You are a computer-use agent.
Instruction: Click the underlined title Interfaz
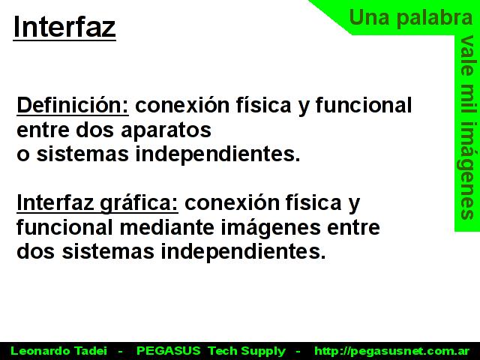pos(64,28)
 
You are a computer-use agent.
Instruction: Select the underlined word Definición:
pos(73,106)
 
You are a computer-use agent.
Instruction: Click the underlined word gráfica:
pos(139,204)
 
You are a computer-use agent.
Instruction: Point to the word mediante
pos(166,227)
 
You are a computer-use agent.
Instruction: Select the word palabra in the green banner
pos(435,18)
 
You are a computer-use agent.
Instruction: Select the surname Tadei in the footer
pos(91,351)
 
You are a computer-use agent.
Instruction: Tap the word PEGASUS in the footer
pos(168,351)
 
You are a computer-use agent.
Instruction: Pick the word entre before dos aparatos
pos(43,130)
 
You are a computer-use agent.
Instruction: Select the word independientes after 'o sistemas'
pos(217,154)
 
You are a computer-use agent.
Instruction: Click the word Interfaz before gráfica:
pos(55,203)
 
